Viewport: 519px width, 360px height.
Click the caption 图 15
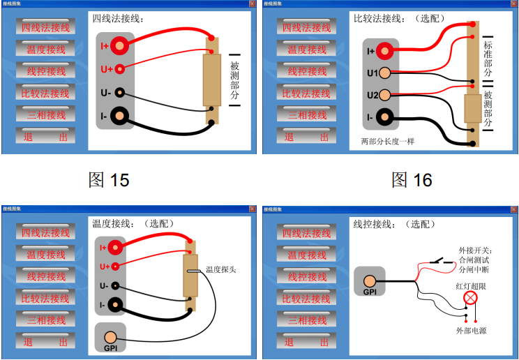[109, 180]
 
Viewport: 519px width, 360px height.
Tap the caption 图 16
[412, 180]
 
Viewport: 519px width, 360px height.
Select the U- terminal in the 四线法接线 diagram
[119, 92]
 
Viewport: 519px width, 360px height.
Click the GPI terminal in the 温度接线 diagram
[110, 338]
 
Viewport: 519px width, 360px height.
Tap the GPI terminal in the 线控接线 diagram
[370, 283]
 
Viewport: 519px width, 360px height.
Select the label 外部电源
[472, 330]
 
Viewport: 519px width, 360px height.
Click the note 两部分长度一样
[387, 141]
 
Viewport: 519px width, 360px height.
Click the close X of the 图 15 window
[253, 3]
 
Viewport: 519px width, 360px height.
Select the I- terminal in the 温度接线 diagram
[119, 304]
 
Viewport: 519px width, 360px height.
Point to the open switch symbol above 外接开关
[440, 261]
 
